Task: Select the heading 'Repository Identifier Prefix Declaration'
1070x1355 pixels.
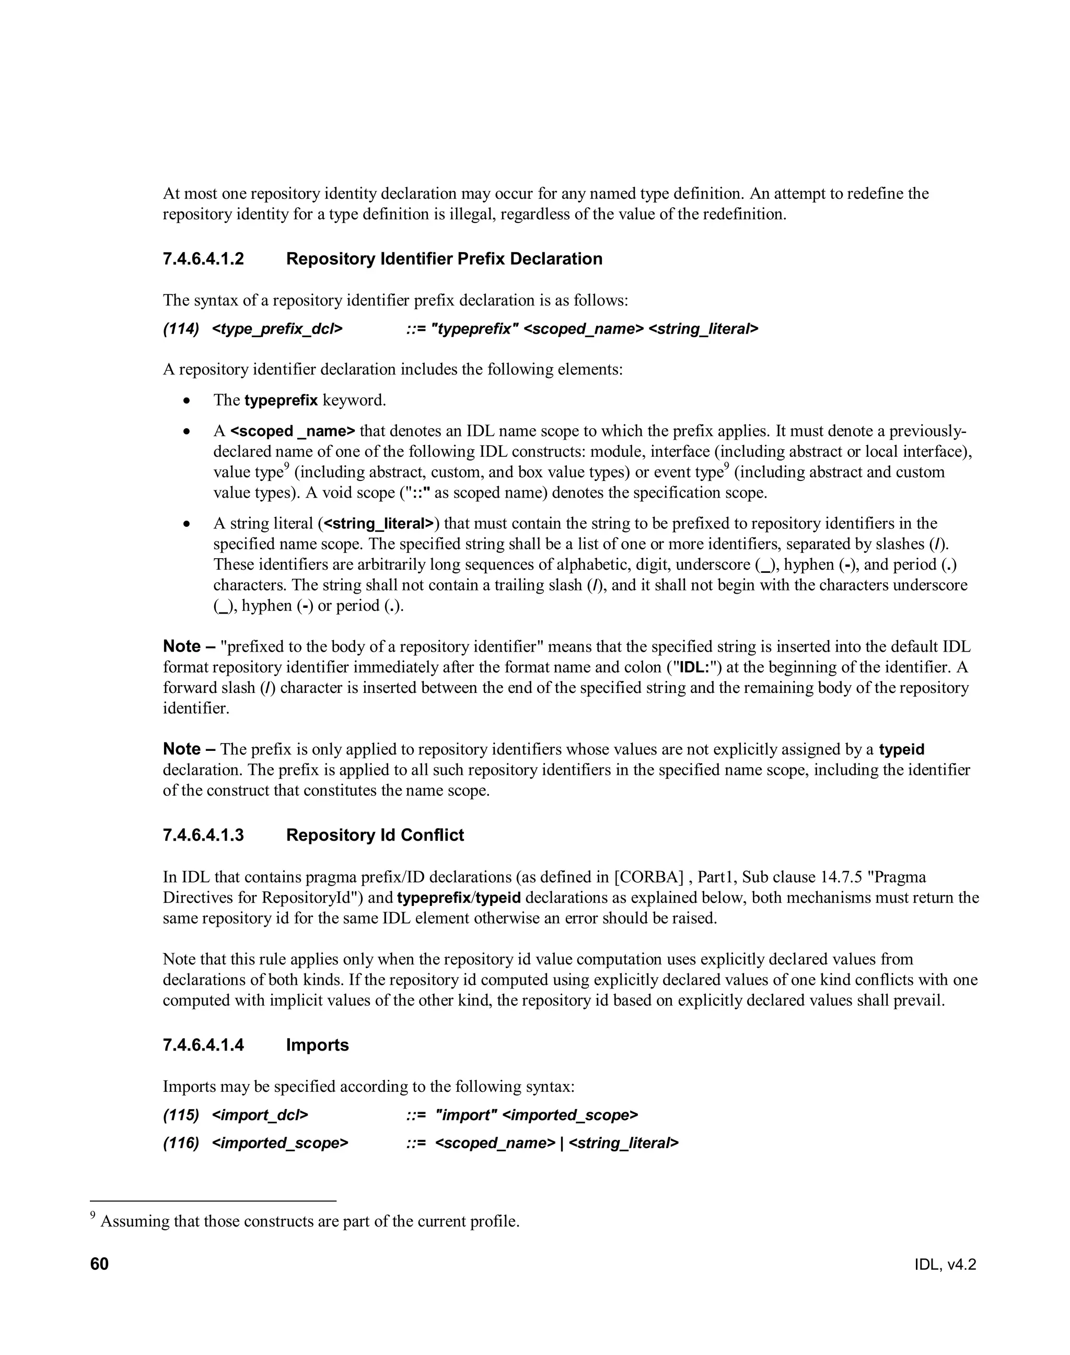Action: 444,258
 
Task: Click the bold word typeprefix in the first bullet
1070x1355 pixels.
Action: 281,400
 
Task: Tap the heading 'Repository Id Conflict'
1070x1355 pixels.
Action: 375,835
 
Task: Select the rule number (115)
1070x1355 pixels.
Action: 181,1115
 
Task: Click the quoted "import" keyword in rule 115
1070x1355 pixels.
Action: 466,1115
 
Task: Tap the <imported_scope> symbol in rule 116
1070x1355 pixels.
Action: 280,1144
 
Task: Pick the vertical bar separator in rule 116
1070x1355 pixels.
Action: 562,1144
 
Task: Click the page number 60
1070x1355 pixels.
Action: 100,1264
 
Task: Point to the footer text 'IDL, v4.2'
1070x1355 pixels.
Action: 945,1265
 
